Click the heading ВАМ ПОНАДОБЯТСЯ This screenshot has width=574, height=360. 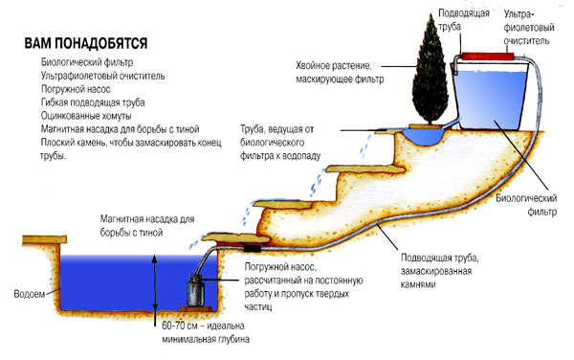86,43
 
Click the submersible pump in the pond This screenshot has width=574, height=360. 196,290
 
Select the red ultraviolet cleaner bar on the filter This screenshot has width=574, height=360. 488,56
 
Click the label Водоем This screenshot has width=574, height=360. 30,294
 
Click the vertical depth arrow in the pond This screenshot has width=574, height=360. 155,283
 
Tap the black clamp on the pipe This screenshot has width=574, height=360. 253,248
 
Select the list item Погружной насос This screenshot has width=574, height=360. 76,89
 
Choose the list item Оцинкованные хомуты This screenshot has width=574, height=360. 86,116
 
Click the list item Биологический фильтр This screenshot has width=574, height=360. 87,62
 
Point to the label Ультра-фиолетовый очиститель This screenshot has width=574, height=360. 529,28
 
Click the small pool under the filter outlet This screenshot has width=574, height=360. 425,136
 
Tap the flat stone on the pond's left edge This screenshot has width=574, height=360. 44,240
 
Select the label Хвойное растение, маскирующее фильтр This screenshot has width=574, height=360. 340,72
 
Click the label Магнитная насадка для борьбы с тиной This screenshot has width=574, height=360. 147,226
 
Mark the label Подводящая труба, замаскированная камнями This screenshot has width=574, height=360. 440,271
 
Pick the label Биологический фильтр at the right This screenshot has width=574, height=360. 526,205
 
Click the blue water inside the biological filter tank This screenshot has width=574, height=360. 490,99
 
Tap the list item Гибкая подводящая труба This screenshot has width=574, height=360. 93,102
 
